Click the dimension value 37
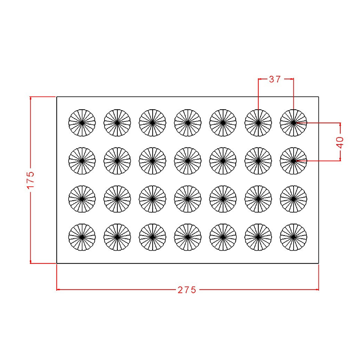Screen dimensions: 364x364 [x=275, y=79]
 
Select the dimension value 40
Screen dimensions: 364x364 [x=340, y=142]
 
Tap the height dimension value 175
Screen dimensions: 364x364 [x=30, y=180]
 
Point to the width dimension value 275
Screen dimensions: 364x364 [x=187, y=290]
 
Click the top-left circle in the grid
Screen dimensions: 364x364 [x=82, y=122]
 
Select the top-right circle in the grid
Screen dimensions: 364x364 [x=293, y=122]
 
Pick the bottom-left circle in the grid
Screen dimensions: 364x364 [x=82, y=237]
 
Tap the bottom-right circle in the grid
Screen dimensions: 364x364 [x=293, y=237]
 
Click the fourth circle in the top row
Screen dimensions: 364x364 [x=188, y=122]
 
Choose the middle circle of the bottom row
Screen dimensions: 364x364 [x=188, y=237]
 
